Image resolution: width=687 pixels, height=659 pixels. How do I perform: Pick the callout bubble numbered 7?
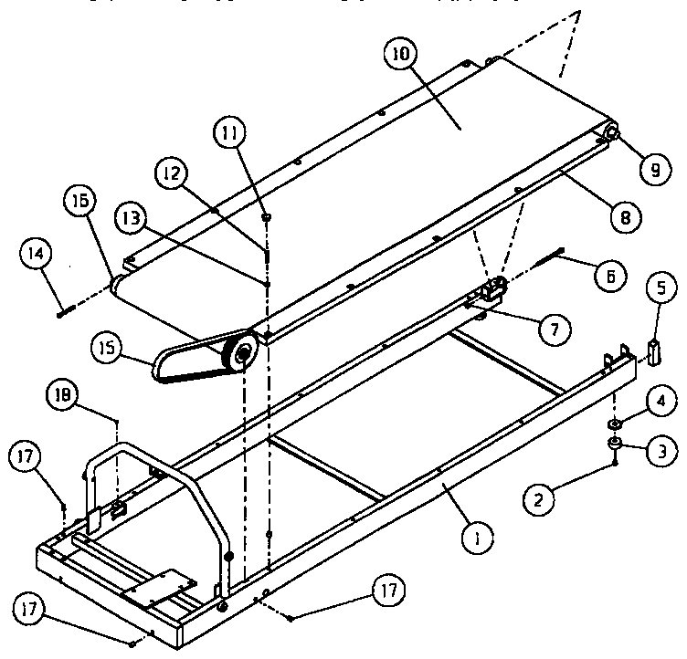pos(553,329)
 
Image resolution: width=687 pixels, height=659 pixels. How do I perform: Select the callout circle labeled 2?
pos(539,498)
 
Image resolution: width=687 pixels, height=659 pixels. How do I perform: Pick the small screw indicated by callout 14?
pos(60,312)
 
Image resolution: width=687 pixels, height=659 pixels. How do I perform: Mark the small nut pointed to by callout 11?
pos(266,216)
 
